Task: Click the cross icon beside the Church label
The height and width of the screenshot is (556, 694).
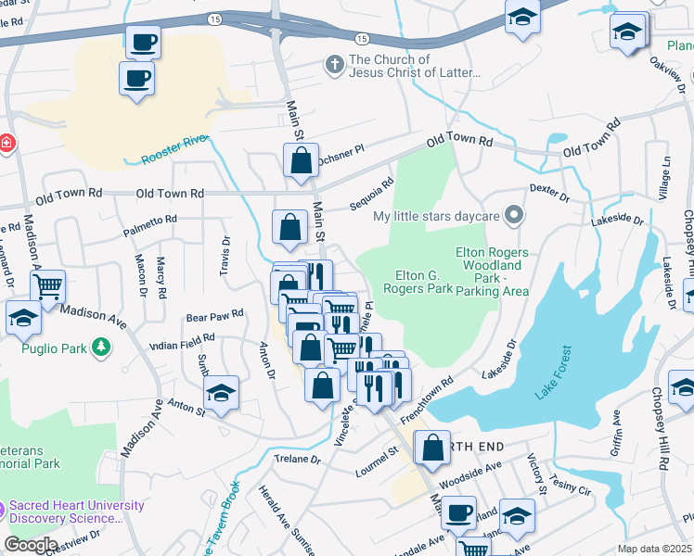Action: point(334,65)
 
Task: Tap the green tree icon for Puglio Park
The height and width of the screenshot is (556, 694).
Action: point(101,348)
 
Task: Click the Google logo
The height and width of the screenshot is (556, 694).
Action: point(31,544)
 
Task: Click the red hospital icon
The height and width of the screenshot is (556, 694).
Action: point(6,143)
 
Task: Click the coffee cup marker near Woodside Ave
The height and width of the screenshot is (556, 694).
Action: point(457,512)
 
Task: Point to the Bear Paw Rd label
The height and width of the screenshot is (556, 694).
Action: point(214,315)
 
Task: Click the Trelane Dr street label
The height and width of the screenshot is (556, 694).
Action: point(297,459)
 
